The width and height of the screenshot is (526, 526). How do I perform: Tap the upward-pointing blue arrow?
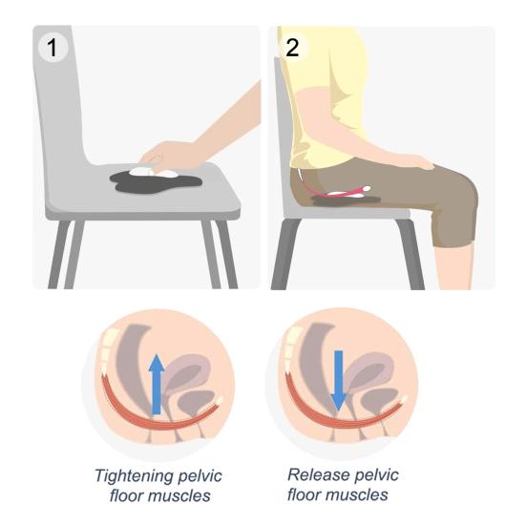tap(157, 382)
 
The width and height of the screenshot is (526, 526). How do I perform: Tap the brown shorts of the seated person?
tap(401, 191)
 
